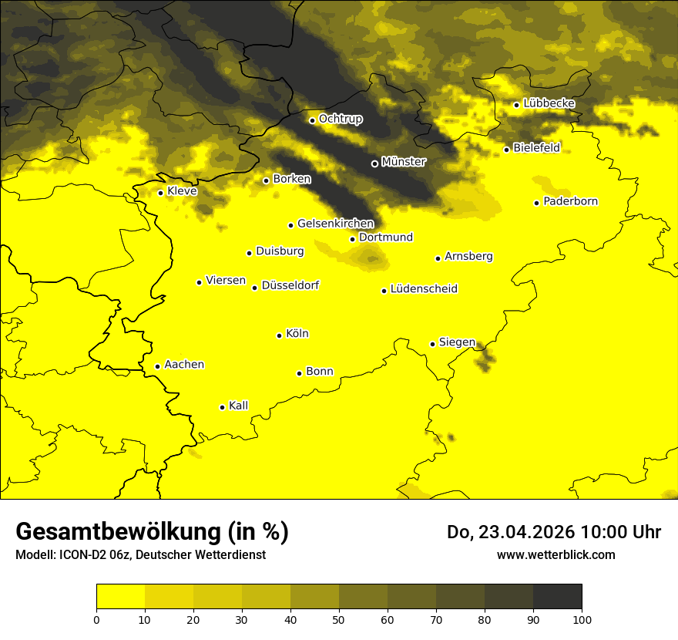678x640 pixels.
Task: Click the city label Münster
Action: (x=404, y=162)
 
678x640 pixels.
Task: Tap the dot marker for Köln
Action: (x=280, y=335)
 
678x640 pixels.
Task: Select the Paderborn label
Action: (x=571, y=201)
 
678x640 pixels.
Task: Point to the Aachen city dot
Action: (x=158, y=366)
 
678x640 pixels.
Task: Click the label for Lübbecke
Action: (x=549, y=103)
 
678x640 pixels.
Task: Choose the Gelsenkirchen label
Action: (x=335, y=224)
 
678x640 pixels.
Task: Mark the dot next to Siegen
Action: (x=433, y=344)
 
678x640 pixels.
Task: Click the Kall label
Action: (x=239, y=406)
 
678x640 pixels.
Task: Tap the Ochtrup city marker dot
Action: (x=312, y=120)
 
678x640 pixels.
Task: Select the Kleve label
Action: (x=182, y=191)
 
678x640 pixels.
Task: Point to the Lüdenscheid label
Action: (x=424, y=289)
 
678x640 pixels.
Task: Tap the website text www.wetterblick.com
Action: (x=556, y=554)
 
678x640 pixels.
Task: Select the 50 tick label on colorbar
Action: (x=339, y=618)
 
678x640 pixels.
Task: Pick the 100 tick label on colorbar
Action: (x=582, y=618)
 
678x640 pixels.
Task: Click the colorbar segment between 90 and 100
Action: (x=557, y=597)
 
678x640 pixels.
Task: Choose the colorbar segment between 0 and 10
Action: (x=121, y=597)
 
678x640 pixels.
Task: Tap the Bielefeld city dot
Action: (x=507, y=150)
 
